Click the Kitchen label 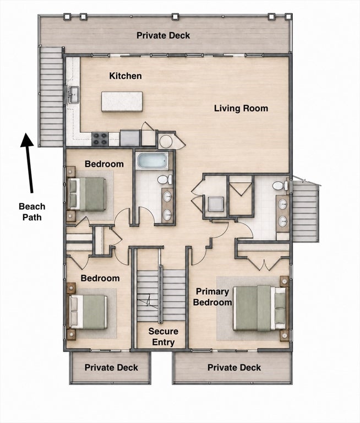[x=126, y=76]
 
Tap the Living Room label [x=241, y=109]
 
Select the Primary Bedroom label [x=212, y=297]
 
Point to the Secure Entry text [x=163, y=337]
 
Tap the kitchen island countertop [x=122, y=101]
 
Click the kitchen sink [x=73, y=95]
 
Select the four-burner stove [x=100, y=139]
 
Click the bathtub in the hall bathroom [x=152, y=161]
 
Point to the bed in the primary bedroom [x=259, y=308]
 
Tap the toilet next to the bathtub [x=165, y=180]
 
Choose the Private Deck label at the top [x=163, y=35]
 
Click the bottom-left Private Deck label [x=111, y=367]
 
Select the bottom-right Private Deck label [x=234, y=367]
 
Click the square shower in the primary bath [x=216, y=204]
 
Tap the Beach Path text [x=32, y=211]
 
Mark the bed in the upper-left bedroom [x=86, y=194]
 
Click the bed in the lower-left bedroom [x=88, y=312]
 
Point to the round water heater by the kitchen [x=166, y=141]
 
